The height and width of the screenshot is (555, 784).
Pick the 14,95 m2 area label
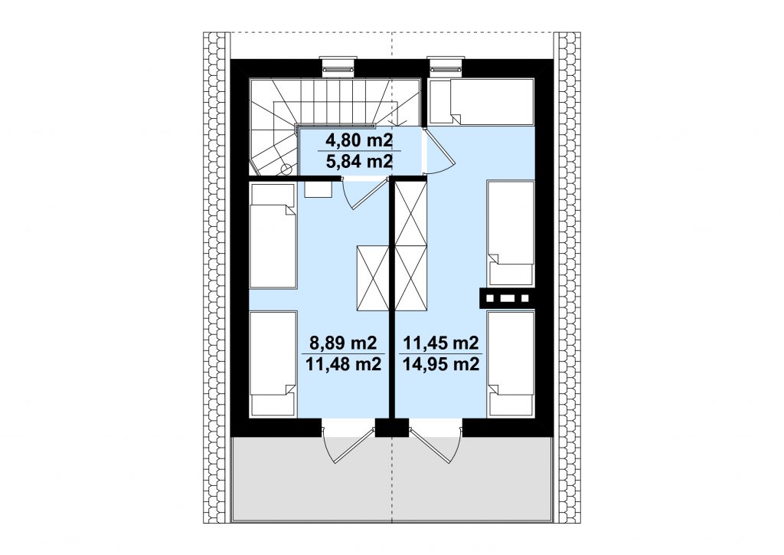pos(441,364)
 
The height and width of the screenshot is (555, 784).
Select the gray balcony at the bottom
pos(392,478)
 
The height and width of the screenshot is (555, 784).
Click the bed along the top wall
pos(481,102)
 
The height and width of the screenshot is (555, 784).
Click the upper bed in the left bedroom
pos(273,235)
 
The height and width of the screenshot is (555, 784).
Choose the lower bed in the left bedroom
pos(273,363)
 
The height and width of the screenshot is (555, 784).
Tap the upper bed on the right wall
pos(511,233)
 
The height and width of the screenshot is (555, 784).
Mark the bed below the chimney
pos(511,364)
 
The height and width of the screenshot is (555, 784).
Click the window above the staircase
pos(338,66)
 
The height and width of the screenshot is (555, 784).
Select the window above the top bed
pos(446,66)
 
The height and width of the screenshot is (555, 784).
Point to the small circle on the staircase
pos(286,169)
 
